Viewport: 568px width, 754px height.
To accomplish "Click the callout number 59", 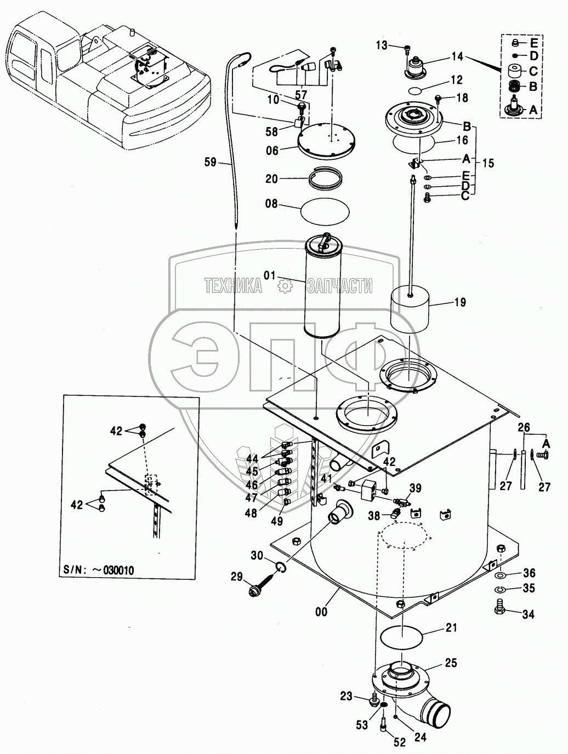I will [209, 162].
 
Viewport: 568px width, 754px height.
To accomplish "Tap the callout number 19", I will [460, 302].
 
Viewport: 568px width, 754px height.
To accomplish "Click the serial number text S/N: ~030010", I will [98, 570].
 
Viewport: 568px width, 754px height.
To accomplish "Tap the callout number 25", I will [451, 664].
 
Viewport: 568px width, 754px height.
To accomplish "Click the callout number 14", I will [457, 56].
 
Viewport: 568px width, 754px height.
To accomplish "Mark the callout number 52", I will [399, 743].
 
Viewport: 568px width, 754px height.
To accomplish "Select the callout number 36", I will [529, 573].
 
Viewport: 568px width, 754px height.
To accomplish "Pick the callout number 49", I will [277, 521].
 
